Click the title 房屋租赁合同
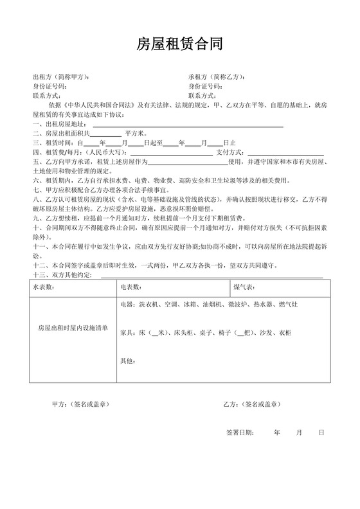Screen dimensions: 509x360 179,44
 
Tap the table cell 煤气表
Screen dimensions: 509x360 244,287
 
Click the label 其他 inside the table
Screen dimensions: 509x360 127,361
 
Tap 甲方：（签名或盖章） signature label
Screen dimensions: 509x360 80,404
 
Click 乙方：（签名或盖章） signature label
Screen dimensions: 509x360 251,404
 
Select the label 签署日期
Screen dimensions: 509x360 240,433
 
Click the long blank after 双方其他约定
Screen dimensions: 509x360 212,276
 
